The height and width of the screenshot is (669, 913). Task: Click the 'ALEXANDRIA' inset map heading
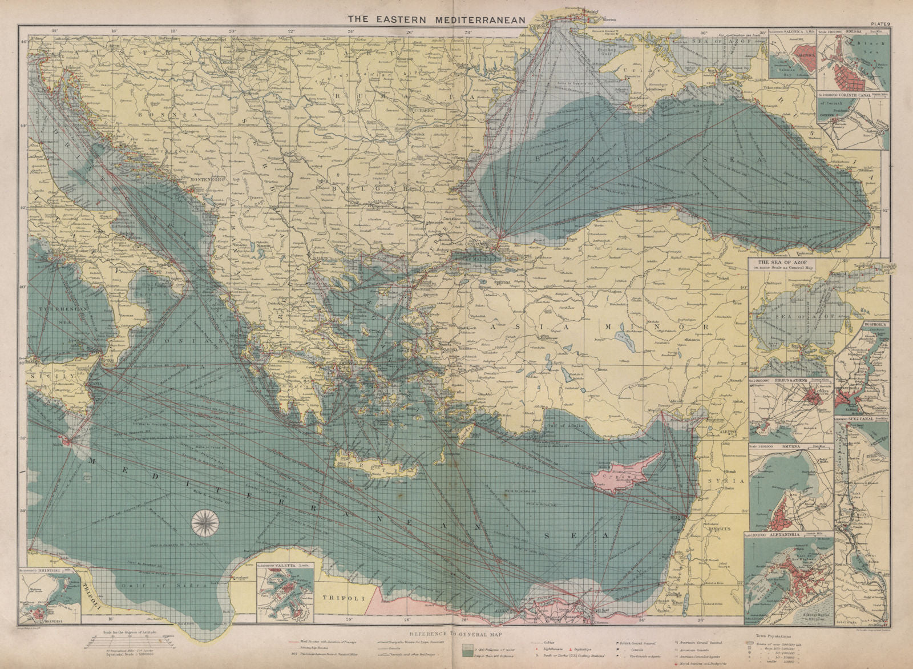point(775,535)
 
